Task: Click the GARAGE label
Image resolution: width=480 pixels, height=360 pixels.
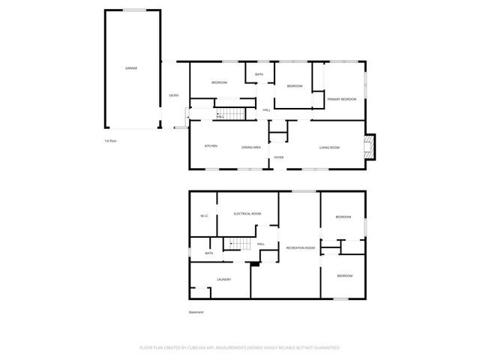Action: (x=130, y=68)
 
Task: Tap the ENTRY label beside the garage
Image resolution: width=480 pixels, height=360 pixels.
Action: (x=173, y=95)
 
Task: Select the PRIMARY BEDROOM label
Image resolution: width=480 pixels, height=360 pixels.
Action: (x=341, y=99)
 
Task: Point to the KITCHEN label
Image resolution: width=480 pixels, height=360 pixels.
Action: (x=211, y=146)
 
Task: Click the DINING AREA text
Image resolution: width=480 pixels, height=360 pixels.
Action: (x=250, y=147)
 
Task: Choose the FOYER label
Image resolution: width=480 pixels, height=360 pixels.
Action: (x=278, y=157)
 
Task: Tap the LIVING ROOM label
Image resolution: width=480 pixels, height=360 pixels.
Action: (x=329, y=147)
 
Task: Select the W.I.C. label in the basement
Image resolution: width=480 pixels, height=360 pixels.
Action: (x=203, y=217)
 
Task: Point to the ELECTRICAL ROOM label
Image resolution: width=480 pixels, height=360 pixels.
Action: (x=247, y=214)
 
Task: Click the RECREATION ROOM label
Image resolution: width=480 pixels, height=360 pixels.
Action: (x=300, y=247)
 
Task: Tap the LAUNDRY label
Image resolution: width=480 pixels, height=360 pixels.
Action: (x=223, y=279)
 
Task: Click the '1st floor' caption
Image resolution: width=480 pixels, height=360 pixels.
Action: (x=112, y=140)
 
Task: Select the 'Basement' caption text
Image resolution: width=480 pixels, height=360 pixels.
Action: (x=196, y=312)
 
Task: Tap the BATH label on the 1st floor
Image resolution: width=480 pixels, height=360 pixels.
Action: (x=259, y=74)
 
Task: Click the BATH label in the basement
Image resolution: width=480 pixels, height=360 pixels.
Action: (x=208, y=253)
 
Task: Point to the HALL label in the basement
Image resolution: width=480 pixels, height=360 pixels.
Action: (x=261, y=244)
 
